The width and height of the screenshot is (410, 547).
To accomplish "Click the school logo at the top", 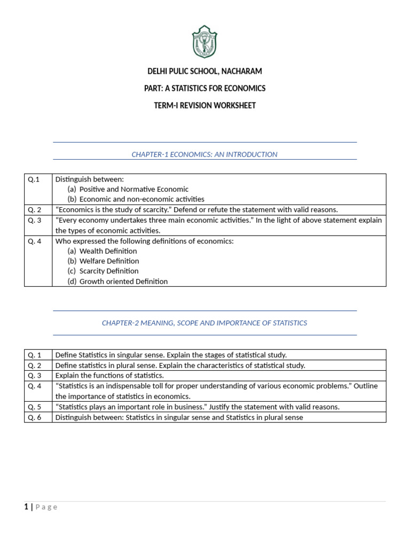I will pyautogui.click(x=204, y=42).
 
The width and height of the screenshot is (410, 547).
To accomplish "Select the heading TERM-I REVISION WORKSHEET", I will pyautogui.click(x=204, y=105).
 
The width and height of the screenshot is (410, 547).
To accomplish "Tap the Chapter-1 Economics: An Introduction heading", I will pyautogui.click(x=204, y=154).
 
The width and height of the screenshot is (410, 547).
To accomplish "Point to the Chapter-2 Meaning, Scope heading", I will pyautogui.click(x=204, y=323).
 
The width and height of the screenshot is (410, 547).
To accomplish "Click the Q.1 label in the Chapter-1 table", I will pyautogui.click(x=34, y=179).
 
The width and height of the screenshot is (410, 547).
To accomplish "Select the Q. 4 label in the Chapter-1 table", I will pyautogui.click(x=35, y=241).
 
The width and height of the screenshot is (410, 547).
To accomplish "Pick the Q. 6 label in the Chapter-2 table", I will pyautogui.click(x=35, y=417).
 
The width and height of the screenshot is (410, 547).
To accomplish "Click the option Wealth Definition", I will pyautogui.click(x=108, y=251).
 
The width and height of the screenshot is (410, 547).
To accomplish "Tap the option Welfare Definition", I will pyautogui.click(x=109, y=261).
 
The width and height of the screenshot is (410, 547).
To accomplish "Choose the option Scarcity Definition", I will pyautogui.click(x=108, y=271).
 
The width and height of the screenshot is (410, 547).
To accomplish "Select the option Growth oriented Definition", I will pyautogui.click(x=123, y=282).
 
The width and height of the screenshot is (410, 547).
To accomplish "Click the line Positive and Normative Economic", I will pyautogui.click(x=133, y=189).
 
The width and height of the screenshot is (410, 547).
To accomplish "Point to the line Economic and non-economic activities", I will pyautogui.click(x=141, y=199).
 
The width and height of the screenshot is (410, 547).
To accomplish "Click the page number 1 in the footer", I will pyautogui.click(x=26, y=507).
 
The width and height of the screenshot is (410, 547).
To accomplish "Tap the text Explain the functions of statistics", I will pyautogui.click(x=109, y=376).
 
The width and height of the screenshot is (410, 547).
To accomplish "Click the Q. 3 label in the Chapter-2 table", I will pyautogui.click(x=35, y=376).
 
